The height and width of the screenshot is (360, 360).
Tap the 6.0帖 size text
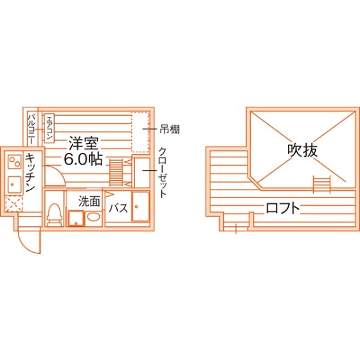click(83, 159)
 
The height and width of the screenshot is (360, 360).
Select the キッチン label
click(30, 172)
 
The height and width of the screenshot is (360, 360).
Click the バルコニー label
click(32, 129)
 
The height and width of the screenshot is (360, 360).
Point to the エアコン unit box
click(49, 129)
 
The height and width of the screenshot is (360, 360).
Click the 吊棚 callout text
click(170, 129)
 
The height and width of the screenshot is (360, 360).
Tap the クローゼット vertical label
click(162, 172)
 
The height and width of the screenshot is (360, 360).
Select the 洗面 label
click(89, 201)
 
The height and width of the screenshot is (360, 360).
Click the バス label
click(118, 208)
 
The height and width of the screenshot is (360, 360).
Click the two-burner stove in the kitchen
click(15, 161)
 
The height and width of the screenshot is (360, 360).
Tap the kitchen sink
click(15, 184)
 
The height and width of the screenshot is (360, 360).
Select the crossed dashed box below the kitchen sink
click(14, 204)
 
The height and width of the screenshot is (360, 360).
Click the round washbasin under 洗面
click(94, 217)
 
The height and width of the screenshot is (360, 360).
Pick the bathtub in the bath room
click(141, 207)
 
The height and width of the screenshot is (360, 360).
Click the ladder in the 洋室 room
click(116, 172)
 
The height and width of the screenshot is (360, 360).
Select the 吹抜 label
click(303, 150)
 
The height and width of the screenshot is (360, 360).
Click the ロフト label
click(283, 208)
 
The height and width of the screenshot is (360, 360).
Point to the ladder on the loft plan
click(321, 184)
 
